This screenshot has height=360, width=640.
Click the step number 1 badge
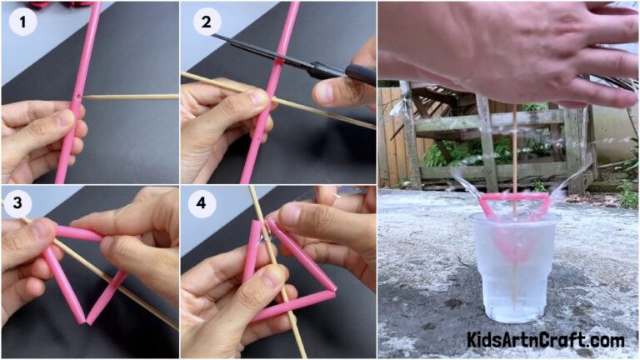pyautogui.click(x=23, y=23)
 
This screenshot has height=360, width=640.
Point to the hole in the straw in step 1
pyautogui.click(x=77, y=98)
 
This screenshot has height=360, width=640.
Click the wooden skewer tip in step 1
pyautogui.click(x=87, y=97)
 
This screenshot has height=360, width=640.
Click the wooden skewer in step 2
pyautogui.click(x=317, y=109)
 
